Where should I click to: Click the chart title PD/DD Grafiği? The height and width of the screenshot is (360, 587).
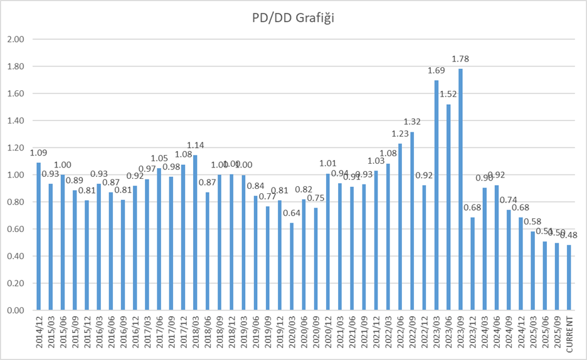pos(289,19)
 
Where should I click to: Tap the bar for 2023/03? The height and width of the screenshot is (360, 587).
pos(436,195)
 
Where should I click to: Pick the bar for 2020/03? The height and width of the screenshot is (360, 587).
pos(292,267)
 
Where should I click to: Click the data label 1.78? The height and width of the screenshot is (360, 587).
pos(460,60)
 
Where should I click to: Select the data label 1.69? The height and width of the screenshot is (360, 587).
pos(436,71)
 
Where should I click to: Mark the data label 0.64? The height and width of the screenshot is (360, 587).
pos(292,213)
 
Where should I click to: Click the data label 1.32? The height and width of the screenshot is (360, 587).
pos(412,122)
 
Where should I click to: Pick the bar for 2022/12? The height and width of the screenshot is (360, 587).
pos(425,248)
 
